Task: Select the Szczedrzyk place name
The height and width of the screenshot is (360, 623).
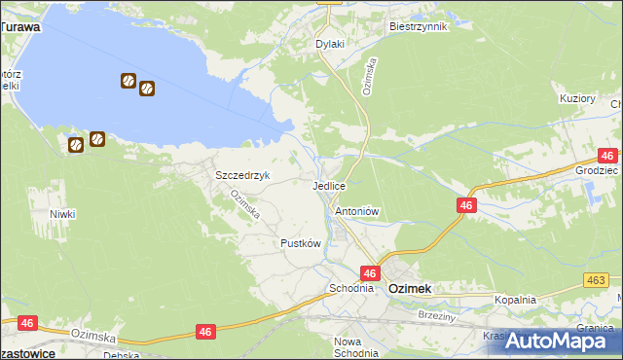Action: (241, 175)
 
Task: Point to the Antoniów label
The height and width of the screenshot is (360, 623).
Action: (356, 211)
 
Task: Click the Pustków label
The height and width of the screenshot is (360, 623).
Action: (300, 243)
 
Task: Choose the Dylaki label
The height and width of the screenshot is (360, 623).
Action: (330, 44)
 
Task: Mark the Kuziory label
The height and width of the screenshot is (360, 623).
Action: (577, 98)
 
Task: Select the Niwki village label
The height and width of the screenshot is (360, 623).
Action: (62, 213)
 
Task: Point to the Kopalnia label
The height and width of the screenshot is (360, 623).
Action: (515, 300)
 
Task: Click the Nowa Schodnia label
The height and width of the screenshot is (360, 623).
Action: (355, 347)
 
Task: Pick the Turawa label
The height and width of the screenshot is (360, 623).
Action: (20, 27)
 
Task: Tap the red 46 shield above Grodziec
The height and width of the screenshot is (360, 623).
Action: (608, 156)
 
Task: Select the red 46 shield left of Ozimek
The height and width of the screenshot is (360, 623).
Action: (370, 273)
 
